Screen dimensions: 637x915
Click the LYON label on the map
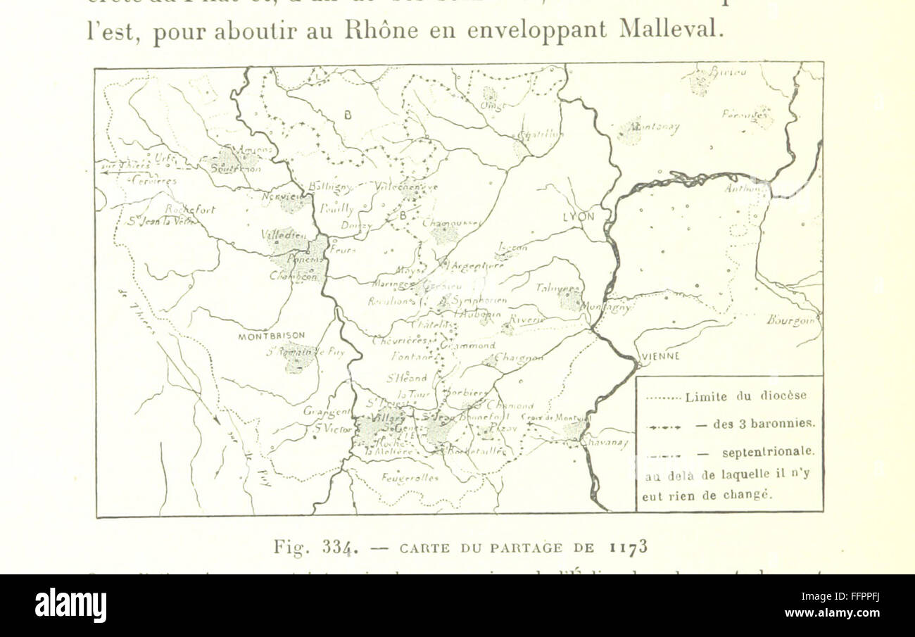tap(578, 217)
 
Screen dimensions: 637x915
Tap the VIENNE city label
tap(660, 356)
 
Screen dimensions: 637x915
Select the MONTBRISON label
tap(265, 336)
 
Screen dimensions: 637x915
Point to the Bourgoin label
tap(793, 320)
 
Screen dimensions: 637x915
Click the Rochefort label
tap(190, 209)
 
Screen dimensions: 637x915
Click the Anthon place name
tap(745, 188)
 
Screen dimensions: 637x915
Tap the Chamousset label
tap(451, 224)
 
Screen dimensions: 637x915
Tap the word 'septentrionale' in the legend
tap(768, 451)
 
